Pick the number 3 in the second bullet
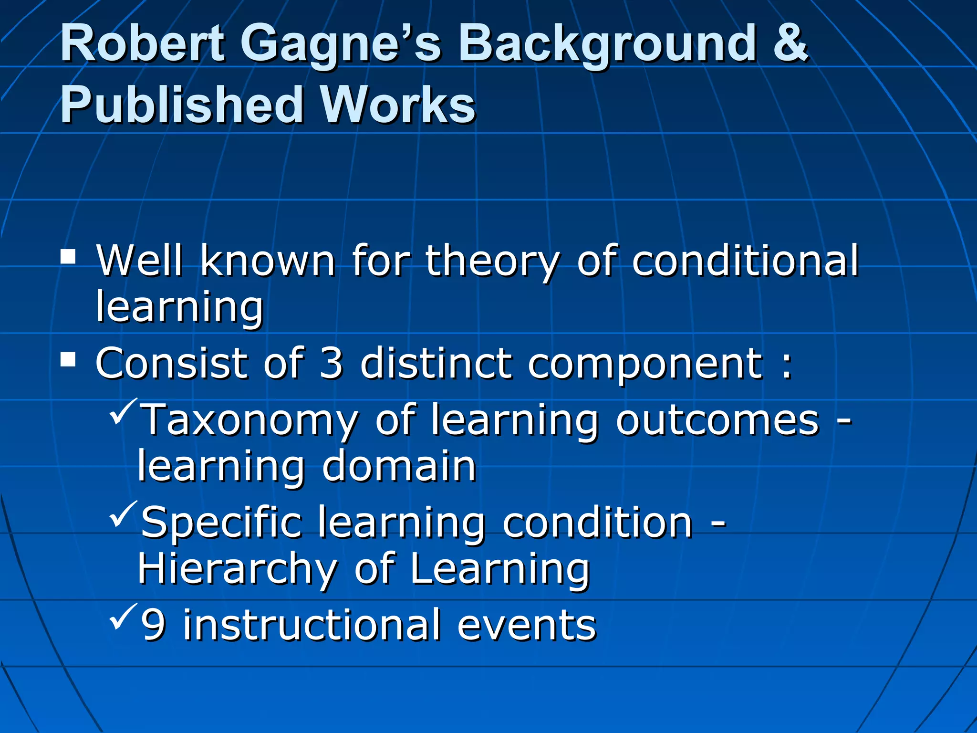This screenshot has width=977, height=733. [x=331, y=364]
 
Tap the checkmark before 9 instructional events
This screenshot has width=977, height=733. [x=123, y=617]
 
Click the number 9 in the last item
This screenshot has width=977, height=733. [x=153, y=625]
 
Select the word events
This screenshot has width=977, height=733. [x=527, y=625]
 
